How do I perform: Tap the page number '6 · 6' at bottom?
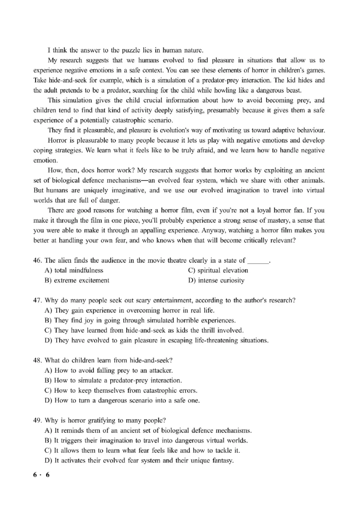point(41,475)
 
